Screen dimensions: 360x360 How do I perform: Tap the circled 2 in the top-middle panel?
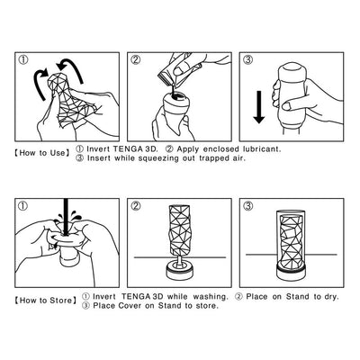click(137, 60)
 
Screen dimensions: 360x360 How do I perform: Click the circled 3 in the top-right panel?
click(248, 60)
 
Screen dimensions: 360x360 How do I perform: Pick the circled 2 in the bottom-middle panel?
click(137, 204)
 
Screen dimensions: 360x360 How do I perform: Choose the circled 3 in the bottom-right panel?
click(248, 204)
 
